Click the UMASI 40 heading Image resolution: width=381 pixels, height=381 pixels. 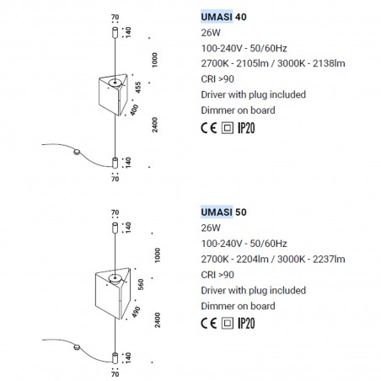[x=223, y=17]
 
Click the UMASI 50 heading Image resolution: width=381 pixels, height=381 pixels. [x=223, y=212]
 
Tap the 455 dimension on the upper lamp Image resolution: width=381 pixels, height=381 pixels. [x=138, y=88]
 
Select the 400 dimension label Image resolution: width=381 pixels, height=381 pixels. [x=135, y=110]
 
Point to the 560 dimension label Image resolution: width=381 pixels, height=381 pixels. [x=141, y=284]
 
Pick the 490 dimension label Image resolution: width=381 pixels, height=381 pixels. [x=136, y=312]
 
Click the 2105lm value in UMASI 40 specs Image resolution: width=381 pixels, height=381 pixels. [x=252, y=63]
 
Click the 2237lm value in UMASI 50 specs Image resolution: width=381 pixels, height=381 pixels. [x=329, y=259]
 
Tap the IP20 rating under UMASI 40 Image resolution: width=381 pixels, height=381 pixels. [x=246, y=128]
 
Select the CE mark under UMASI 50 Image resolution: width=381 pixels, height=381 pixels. [x=209, y=324]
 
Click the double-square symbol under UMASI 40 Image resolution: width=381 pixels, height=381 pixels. [x=228, y=128]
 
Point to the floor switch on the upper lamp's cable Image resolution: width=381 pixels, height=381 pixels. [x=77, y=152]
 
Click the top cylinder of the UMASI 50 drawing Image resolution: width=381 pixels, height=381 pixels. [x=115, y=228]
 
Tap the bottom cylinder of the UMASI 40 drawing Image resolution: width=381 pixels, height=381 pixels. [x=115, y=163]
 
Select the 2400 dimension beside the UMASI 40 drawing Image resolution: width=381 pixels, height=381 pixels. [x=155, y=125]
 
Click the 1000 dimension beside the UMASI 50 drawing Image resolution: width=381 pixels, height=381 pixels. [x=158, y=255]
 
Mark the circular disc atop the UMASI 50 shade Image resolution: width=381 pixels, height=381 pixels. [x=115, y=278]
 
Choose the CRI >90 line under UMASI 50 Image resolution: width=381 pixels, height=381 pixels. [x=217, y=275]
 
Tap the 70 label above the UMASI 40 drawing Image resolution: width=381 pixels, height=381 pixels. [x=115, y=17]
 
